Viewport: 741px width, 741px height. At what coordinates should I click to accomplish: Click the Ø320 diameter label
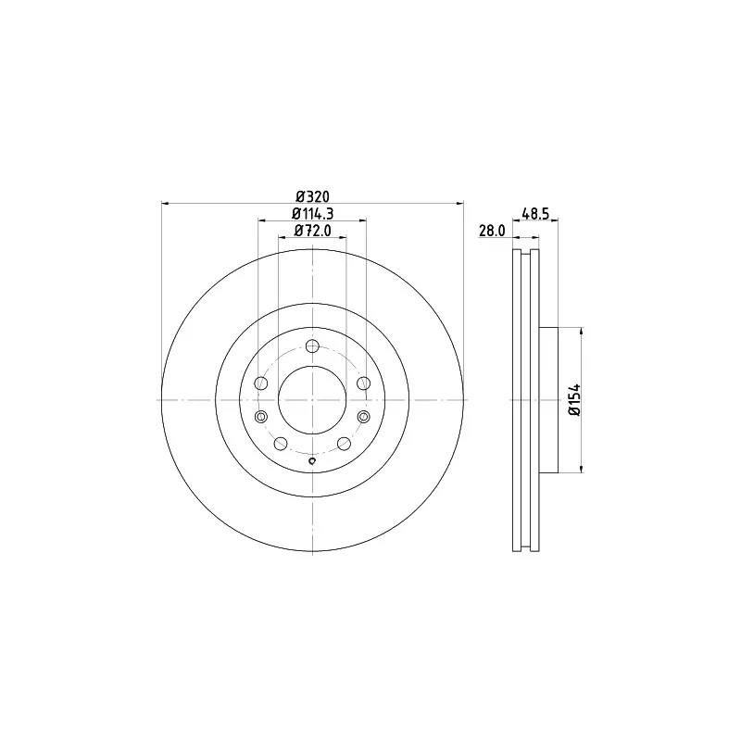click(x=312, y=195)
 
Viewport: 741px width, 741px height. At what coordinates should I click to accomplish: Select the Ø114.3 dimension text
click(x=312, y=214)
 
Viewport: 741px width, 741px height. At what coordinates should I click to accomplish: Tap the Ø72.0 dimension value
click(x=312, y=230)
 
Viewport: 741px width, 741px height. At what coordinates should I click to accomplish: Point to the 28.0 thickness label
click(x=492, y=231)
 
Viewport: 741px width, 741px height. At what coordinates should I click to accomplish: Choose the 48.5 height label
click(x=535, y=214)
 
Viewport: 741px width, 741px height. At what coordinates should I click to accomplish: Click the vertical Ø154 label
click(x=574, y=400)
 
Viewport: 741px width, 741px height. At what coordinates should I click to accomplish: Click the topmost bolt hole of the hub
click(x=312, y=346)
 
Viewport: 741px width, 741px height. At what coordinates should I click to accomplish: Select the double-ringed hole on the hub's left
click(x=261, y=416)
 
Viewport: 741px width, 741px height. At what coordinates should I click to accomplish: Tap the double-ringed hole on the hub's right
click(x=363, y=416)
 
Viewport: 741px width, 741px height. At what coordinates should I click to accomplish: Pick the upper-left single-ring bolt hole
click(x=261, y=383)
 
